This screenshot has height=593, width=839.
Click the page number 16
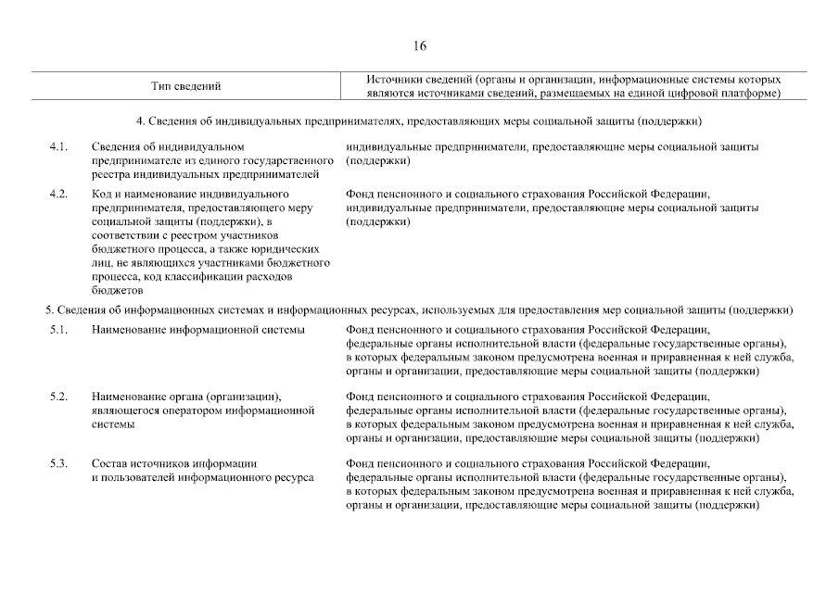pyautogui.click(x=420, y=46)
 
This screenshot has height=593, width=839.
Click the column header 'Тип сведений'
pyautogui.click(x=185, y=86)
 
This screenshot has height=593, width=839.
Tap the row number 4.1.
pyautogui.click(x=58, y=147)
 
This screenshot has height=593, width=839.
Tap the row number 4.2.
pyautogui.click(x=58, y=195)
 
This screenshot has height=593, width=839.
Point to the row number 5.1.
pyautogui.click(x=58, y=331)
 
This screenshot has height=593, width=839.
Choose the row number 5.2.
pyautogui.click(x=58, y=397)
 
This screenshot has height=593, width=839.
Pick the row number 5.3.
pyautogui.click(x=58, y=463)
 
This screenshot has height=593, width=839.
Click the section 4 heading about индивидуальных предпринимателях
pyautogui.click(x=419, y=121)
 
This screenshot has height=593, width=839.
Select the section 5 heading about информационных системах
pyautogui.click(x=419, y=309)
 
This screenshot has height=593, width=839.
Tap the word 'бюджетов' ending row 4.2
pyautogui.click(x=116, y=290)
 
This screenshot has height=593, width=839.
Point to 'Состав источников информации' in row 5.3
pyautogui.click(x=173, y=463)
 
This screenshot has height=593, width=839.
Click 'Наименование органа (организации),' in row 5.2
pyautogui.click(x=186, y=397)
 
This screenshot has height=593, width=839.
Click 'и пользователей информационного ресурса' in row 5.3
pyautogui.click(x=202, y=477)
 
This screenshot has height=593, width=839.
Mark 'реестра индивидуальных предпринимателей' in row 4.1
pyautogui.click(x=212, y=174)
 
